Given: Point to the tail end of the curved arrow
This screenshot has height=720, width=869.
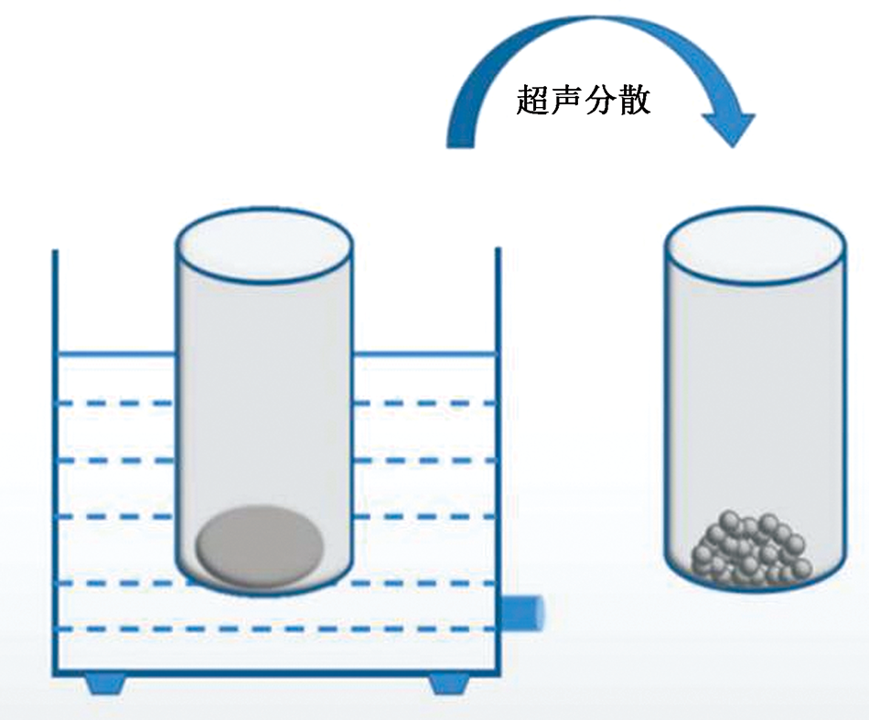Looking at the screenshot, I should pyautogui.click(x=461, y=137).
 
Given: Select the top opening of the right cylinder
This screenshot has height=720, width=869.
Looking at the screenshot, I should pyautogui.click(x=754, y=242).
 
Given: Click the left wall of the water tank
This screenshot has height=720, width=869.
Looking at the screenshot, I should pyautogui.click(x=54, y=457).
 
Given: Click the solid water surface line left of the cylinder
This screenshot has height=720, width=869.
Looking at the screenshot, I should pyautogui.click(x=115, y=354).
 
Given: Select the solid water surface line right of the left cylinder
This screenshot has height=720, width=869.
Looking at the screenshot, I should pyautogui.click(x=425, y=354).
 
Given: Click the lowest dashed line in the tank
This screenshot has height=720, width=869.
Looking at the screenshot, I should pyautogui.click(x=274, y=629).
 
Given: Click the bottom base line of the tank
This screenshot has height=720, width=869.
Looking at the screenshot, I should pyautogui.click(x=274, y=674).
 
